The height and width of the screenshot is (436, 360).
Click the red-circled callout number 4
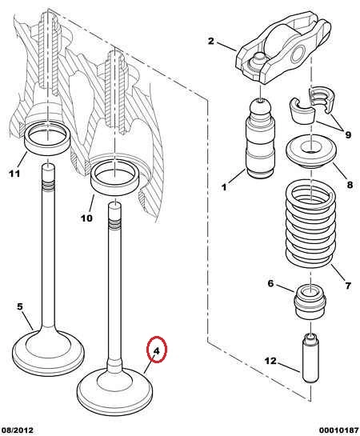pyautogui.click(x=157, y=351)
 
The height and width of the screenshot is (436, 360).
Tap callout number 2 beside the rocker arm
pyautogui.click(x=211, y=41)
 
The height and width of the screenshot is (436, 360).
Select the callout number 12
pyautogui.click(x=270, y=361)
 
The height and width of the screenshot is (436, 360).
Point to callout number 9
pyautogui.click(x=348, y=135)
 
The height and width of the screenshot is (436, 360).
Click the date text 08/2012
pyautogui.click(x=17, y=430)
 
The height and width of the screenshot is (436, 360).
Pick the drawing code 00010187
pyautogui.click(x=338, y=430)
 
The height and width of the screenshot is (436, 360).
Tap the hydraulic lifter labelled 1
pyautogui.click(x=260, y=138)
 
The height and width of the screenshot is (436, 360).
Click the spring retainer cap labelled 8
pyautogui.click(x=311, y=151)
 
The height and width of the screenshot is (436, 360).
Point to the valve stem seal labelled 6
pyautogui.click(x=310, y=302)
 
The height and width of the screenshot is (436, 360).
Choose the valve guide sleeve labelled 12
pyautogui.click(x=310, y=358)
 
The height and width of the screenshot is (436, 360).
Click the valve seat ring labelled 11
pyautogui.click(x=47, y=138)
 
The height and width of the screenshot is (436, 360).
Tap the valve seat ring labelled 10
pyautogui.click(x=115, y=179)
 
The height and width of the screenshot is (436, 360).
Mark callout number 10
pyautogui.click(x=86, y=218)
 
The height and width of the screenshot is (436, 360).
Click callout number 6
pyautogui.click(x=270, y=284)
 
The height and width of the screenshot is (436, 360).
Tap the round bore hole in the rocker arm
pyautogui.click(x=298, y=54)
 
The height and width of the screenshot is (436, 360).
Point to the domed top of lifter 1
pyautogui.click(x=260, y=107)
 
